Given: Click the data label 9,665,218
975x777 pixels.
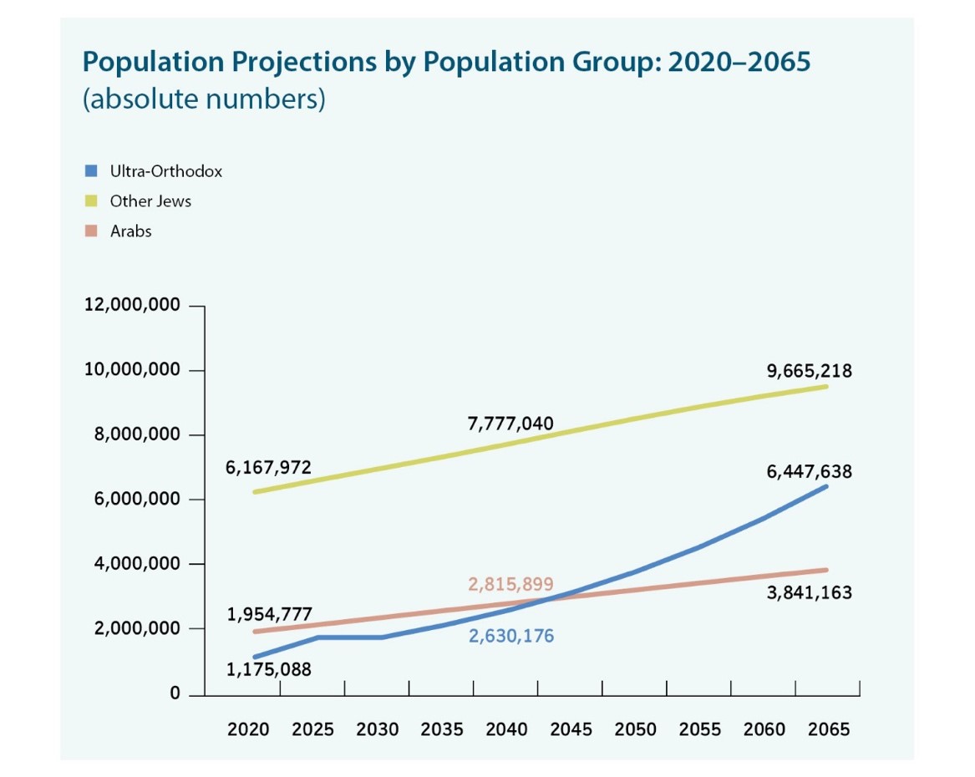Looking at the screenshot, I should tap(809, 371).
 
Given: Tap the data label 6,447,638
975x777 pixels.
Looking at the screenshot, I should tap(809, 472).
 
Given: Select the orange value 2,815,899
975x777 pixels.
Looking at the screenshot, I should tap(510, 584).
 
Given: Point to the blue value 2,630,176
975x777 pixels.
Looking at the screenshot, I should tap(510, 637).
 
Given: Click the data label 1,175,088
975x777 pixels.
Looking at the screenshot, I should tap(269, 669).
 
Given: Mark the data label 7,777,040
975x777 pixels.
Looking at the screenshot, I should tap(510, 423).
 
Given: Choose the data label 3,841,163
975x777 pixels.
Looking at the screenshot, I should tap(809, 593).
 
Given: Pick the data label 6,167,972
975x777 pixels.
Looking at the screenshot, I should tap(269, 468).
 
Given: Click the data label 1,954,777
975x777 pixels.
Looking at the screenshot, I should tap(269, 616).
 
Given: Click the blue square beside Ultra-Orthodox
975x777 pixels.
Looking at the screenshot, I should tap(92, 171).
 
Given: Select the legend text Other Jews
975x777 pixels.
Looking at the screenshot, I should tap(150, 201).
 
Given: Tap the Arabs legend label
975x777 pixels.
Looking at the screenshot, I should tap(131, 231).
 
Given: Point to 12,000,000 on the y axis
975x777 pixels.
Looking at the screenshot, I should tap(132, 305).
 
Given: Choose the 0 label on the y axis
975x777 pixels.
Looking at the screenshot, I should tap(175, 693).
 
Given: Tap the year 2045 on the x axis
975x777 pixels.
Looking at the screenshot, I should tap(571, 729).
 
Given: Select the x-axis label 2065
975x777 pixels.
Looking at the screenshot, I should tap(828, 729).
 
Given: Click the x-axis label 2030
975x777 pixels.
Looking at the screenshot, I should tap(378, 729).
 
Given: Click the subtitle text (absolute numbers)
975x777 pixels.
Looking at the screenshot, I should tap(203, 99).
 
